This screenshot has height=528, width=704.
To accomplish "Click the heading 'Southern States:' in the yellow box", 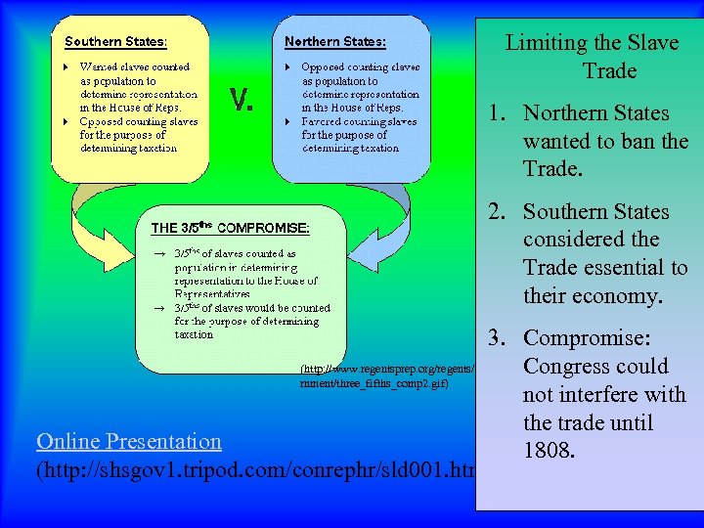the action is pyautogui.click(x=115, y=42).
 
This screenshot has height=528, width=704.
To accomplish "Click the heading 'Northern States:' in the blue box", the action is pyautogui.click(x=334, y=42).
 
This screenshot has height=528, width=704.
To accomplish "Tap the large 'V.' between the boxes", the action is pyautogui.click(x=242, y=99).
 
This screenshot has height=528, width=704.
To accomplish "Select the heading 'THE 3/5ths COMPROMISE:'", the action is pyautogui.click(x=230, y=228).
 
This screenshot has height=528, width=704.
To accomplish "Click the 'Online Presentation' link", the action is pyautogui.click(x=129, y=441).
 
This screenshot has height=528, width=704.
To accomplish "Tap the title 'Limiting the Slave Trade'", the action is pyautogui.click(x=591, y=57).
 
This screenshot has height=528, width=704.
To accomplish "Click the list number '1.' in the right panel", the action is pyautogui.click(x=504, y=113).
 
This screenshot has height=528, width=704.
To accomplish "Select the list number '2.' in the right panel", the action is pyautogui.click(x=504, y=212).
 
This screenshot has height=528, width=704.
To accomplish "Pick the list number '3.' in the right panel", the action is pyautogui.click(x=504, y=338).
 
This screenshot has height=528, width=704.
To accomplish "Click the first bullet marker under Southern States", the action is pyautogui.click(x=66, y=67).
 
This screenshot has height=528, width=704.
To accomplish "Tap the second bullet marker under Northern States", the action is pyautogui.click(x=286, y=122).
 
